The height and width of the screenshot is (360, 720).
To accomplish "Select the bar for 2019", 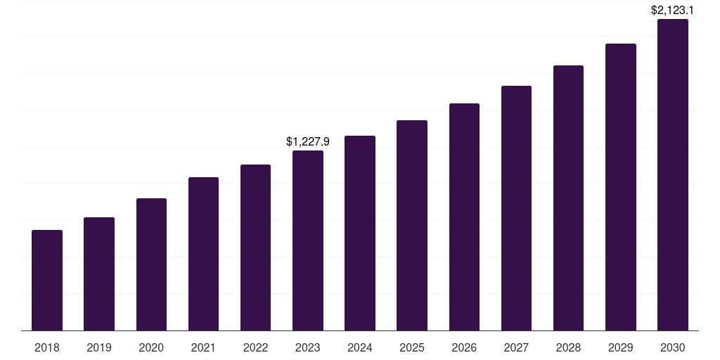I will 99,274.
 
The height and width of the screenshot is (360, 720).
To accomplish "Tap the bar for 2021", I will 203,254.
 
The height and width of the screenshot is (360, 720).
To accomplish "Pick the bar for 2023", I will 308,240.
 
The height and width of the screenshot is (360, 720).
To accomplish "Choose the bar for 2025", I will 412,225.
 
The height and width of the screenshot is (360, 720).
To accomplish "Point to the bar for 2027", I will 516,208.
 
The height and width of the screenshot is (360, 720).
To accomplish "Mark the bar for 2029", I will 620,187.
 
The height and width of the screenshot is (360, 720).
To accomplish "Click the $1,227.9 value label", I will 308,141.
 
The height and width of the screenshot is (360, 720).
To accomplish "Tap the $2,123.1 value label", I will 672,10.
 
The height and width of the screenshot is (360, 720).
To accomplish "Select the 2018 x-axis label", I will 47,347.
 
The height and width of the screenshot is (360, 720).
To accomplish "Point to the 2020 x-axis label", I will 151,347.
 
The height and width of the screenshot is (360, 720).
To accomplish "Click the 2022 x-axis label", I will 255,347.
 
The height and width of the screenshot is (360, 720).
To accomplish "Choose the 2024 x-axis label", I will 360,347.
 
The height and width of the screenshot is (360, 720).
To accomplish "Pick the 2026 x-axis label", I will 464,347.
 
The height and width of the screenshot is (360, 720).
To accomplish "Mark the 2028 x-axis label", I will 568,347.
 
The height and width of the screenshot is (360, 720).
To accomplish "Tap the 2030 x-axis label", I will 672,347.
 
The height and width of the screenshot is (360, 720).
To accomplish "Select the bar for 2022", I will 255,247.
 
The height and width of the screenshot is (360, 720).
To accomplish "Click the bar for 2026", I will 464,217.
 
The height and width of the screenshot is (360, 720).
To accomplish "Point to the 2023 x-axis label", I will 308,347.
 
